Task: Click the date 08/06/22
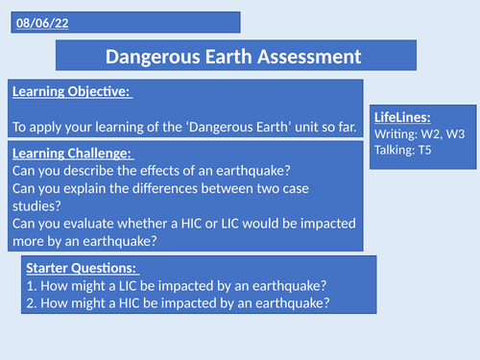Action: (x=37, y=21)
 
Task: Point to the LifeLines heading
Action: (x=404, y=115)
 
